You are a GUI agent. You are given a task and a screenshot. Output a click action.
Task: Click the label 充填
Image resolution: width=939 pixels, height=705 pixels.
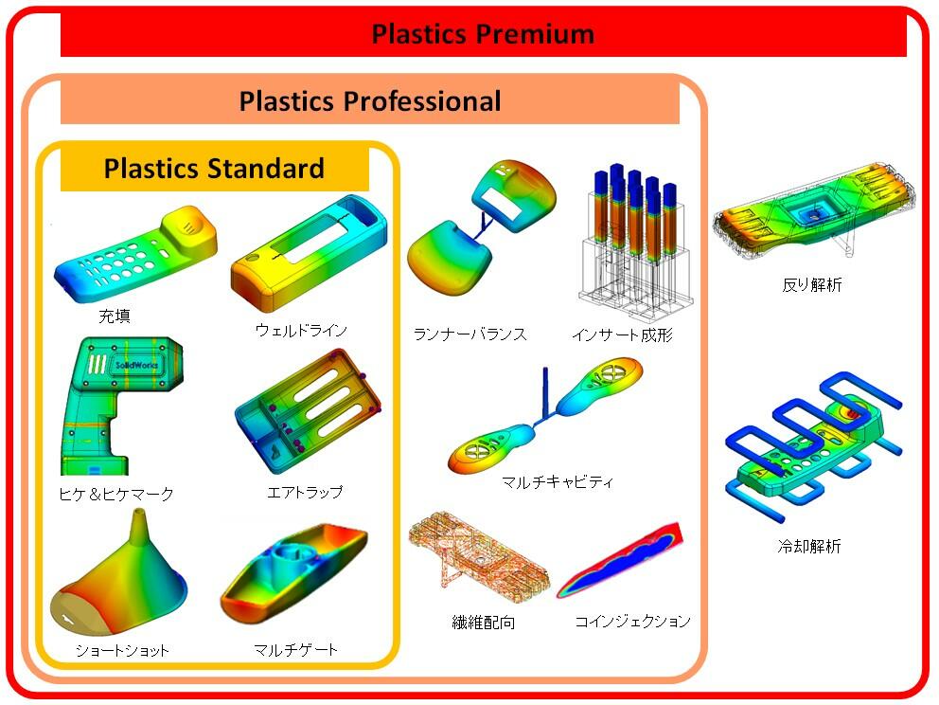115,316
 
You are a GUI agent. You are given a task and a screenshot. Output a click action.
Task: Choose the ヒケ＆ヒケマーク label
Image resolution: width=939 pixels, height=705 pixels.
116,494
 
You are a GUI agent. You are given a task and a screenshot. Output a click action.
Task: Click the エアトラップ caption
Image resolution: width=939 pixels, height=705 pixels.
305,492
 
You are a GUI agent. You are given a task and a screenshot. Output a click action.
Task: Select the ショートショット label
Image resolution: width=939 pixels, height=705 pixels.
122,650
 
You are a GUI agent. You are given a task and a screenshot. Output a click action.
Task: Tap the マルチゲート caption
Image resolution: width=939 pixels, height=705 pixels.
296,649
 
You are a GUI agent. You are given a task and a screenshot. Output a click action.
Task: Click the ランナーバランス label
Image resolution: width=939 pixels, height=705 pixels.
470,334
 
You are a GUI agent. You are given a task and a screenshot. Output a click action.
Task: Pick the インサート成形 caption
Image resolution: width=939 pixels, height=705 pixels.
623,334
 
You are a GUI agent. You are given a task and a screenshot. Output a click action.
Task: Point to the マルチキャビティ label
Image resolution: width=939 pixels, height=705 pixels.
558,481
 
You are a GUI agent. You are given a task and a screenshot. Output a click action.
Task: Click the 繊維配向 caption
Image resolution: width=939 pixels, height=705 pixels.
484,623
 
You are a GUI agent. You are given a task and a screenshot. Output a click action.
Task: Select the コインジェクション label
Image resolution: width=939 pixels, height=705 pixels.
633,621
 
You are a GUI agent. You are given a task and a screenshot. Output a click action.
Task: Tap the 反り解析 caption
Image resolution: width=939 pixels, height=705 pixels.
812,285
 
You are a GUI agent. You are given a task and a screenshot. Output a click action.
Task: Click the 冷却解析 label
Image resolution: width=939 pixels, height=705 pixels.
809,546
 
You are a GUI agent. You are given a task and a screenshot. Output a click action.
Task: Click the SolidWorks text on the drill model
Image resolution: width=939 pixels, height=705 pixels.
136,365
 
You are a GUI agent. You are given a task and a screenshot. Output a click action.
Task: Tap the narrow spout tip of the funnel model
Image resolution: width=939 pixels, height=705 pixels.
139,514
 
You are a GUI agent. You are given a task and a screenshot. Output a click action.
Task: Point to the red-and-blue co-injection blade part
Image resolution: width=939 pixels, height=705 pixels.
620,560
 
